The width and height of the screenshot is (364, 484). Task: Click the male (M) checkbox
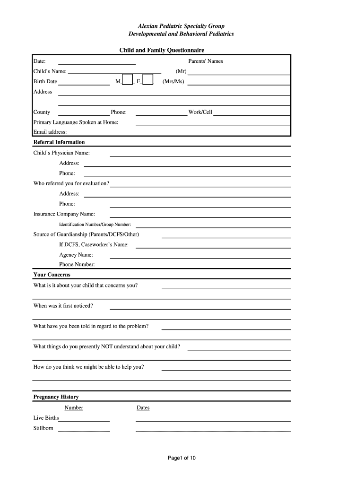click(x=127, y=80)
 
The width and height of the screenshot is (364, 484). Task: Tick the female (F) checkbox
click(x=148, y=80)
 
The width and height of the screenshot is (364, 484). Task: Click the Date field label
click(x=39, y=61)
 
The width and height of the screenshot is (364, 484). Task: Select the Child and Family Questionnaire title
click(x=162, y=50)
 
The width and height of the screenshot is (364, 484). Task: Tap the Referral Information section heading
click(x=59, y=142)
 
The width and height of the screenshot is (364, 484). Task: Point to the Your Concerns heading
click(x=52, y=275)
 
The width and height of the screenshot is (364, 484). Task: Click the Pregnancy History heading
click(x=56, y=397)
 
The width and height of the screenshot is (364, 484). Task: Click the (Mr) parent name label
click(x=181, y=71)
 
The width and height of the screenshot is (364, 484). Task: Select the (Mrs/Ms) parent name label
click(x=173, y=82)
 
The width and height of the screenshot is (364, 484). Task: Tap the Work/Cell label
click(x=200, y=112)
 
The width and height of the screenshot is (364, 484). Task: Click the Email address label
click(x=50, y=132)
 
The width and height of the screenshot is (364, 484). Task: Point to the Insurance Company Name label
click(x=64, y=214)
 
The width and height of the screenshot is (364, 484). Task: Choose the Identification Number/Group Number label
click(x=95, y=225)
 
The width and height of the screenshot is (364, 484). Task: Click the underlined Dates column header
click(x=143, y=408)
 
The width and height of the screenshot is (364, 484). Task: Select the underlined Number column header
click(x=74, y=408)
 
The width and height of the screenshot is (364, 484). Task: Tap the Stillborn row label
click(x=43, y=428)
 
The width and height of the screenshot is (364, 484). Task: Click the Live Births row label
click(x=46, y=418)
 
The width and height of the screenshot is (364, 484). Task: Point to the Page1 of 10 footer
click(x=182, y=458)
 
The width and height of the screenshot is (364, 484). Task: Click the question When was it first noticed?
click(x=63, y=306)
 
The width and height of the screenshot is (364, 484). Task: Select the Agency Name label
click(x=76, y=255)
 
